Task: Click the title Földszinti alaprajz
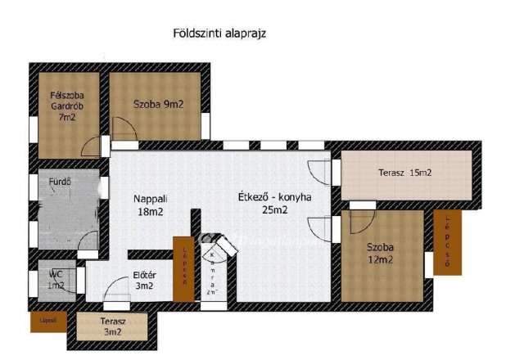tap(220, 34)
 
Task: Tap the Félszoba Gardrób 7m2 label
tap(69, 106)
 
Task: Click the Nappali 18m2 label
tap(151, 204)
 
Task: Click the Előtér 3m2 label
tap(144, 281)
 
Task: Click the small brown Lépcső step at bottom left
tap(48, 322)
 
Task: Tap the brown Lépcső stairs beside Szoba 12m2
tap(447, 242)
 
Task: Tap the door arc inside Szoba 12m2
tap(359, 221)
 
